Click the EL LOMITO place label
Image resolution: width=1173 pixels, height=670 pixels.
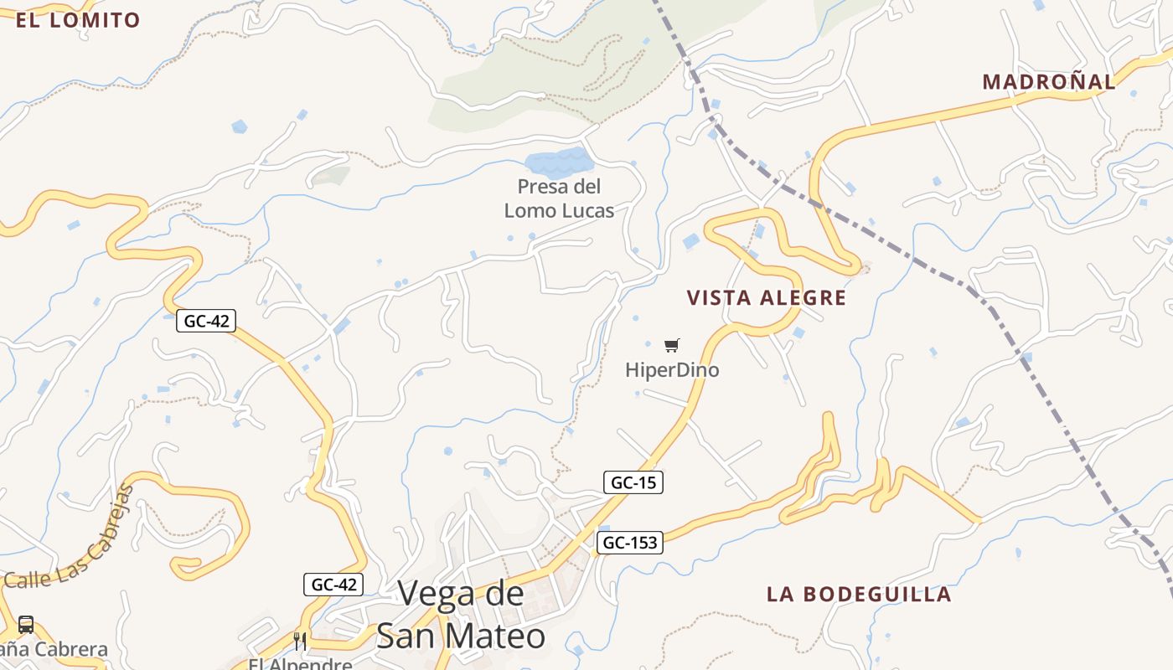pos(78,20)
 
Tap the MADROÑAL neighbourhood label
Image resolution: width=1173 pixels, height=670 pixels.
pos(1049,82)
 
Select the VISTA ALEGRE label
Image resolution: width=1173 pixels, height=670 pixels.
pos(767,298)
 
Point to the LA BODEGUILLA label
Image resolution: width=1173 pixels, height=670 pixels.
pos(859,595)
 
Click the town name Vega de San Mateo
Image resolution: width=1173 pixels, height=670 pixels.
pos(461,615)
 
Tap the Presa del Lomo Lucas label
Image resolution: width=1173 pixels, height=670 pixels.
pos(559,198)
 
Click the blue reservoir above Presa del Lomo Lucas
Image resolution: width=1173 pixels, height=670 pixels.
pos(558,161)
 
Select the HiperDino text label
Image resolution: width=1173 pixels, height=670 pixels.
pos(672,369)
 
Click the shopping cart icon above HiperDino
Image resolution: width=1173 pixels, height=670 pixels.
pos(671,345)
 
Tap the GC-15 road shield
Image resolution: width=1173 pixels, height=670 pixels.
pos(633,482)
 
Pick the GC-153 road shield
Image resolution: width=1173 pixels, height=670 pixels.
pos(630,543)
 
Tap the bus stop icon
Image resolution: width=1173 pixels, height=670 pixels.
pos(26,625)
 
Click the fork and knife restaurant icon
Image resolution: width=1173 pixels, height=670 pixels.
pos(300,642)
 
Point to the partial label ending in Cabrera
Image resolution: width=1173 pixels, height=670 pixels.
pos(54,649)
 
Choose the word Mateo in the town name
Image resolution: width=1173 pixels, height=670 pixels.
pos(499,636)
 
